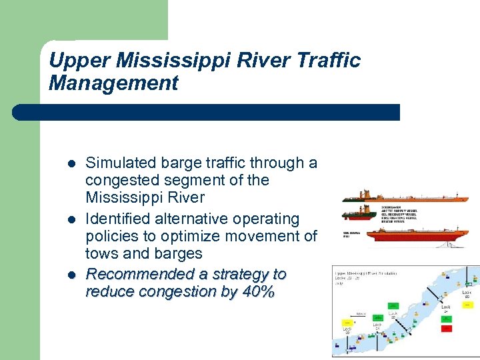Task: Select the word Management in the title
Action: tap(113, 83)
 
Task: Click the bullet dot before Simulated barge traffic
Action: tap(71, 163)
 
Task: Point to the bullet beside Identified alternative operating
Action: tap(71, 219)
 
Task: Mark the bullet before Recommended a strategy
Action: tap(71, 275)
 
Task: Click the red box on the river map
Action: tap(447, 328)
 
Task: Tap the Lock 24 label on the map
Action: tap(445, 309)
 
